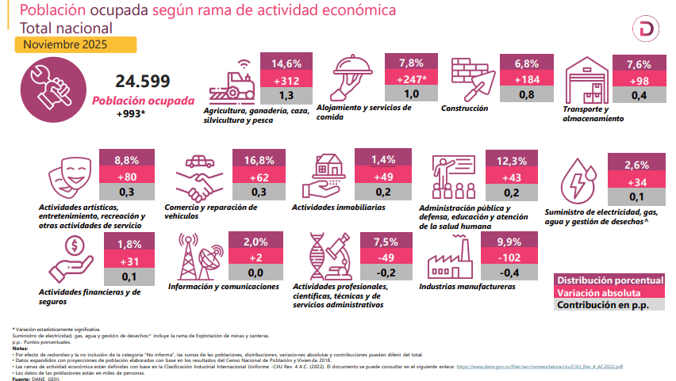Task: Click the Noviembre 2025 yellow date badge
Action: [x=75, y=45]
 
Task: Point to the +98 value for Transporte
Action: [x=638, y=80]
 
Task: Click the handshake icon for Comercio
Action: [x=198, y=180]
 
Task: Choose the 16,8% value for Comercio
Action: [x=259, y=160]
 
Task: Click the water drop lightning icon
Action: [x=581, y=181]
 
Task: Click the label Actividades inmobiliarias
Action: [x=338, y=208]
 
